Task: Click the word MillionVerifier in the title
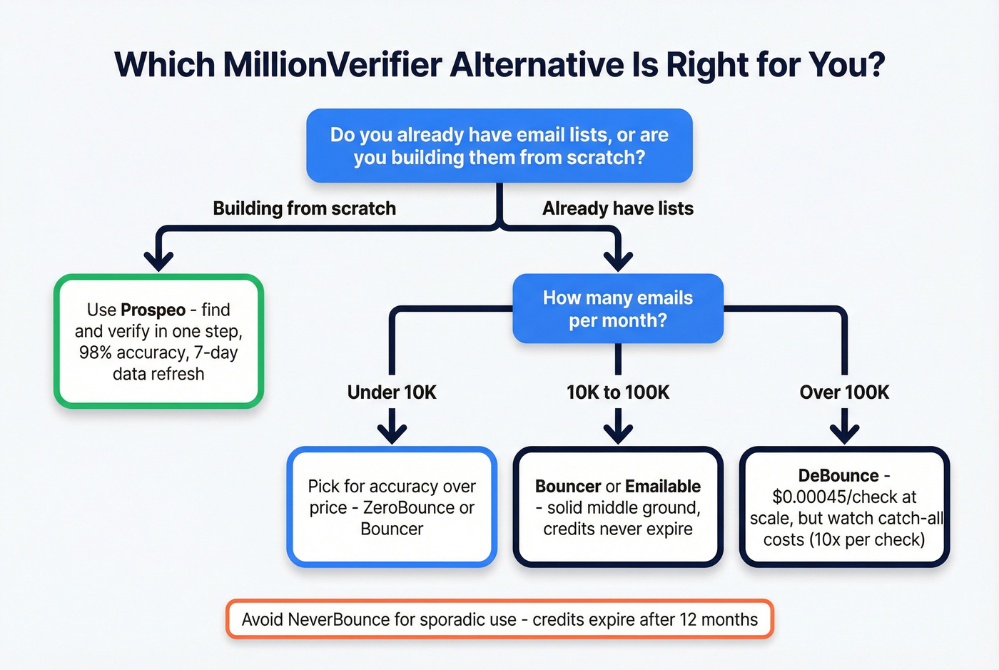pyautogui.click(x=333, y=65)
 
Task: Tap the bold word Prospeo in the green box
pyautogui.click(x=153, y=310)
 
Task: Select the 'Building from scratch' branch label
pyautogui.click(x=304, y=208)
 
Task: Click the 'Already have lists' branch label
pyautogui.click(x=617, y=208)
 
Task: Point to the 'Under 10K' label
pyautogui.click(x=392, y=392)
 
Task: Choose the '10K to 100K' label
pyautogui.click(x=618, y=392)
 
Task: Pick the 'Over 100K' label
pyautogui.click(x=844, y=392)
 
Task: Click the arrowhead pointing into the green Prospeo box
pyautogui.click(x=158, y=260)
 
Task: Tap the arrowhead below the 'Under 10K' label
pyautogui.click(x=392, y=432)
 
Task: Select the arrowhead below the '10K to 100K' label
pyautogui.click(x=618, y=432)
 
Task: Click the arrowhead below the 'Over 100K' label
pyautogui.click(x=844, y=432)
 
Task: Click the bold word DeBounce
pyautogui.click(x=838, y=476)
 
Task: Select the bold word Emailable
pyautogui.click(x=663, y=487)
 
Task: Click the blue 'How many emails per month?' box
pyautogui.click(x=618, y=309)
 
